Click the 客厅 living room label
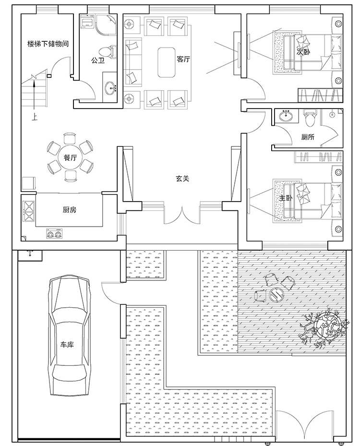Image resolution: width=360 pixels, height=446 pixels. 183,59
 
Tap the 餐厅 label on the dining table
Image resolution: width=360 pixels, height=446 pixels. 70,157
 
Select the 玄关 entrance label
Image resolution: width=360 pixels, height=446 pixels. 182,179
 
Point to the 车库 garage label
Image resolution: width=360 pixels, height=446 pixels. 67,344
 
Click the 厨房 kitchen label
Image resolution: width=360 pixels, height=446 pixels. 70,210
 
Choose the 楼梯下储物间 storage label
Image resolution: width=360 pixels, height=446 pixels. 48,44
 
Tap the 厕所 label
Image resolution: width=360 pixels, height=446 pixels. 308,137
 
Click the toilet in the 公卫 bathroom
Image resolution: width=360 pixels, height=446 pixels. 108,52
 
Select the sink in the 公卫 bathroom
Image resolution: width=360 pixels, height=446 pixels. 110,87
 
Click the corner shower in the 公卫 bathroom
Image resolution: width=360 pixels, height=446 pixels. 107,21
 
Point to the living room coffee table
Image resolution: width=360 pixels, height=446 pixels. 167,62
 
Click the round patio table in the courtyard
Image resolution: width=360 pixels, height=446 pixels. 276,294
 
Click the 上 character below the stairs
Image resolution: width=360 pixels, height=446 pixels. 34,117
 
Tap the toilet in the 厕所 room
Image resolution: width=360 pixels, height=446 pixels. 310,118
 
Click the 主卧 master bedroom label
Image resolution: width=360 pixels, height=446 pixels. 286,197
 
